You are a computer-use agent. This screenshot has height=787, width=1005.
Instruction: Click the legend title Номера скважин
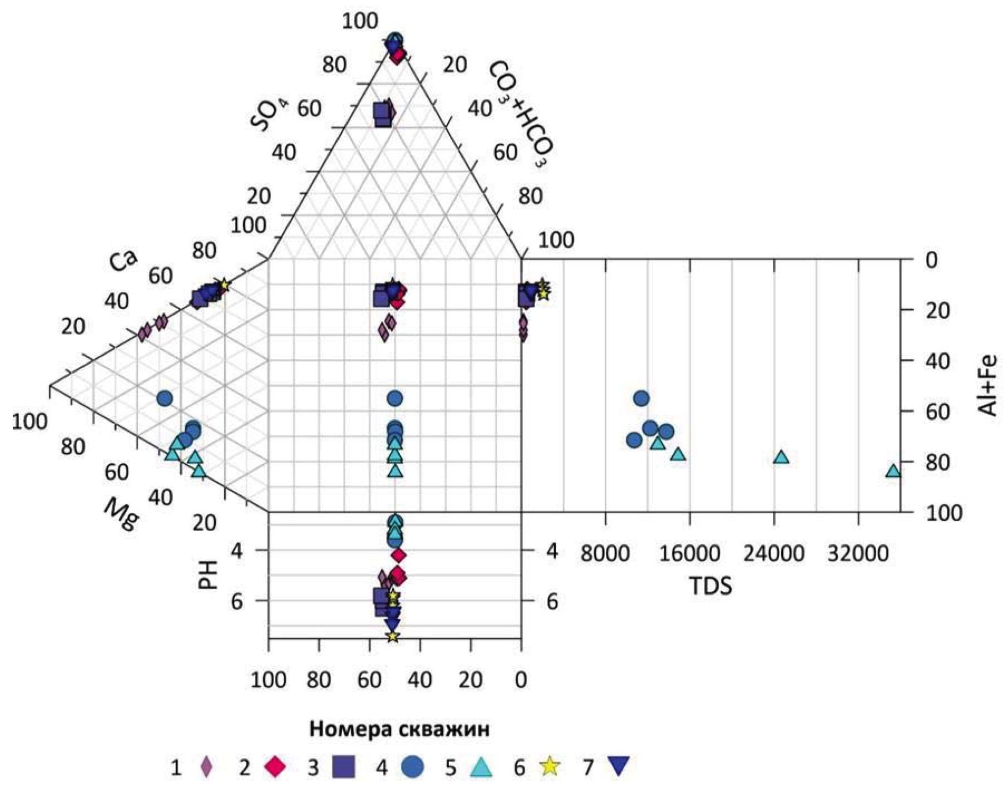click(x=399, y=729)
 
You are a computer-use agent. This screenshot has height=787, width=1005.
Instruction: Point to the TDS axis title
click(x=711, y=586)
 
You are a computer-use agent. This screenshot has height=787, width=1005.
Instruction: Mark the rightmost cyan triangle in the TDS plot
click(x=893, y=471)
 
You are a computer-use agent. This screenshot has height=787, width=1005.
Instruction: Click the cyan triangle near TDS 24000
click(x=781, y=457)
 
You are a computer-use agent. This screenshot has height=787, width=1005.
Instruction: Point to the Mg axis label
click(x=122, y=514)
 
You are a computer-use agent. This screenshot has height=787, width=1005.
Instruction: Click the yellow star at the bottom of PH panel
click(x=393, y=636)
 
